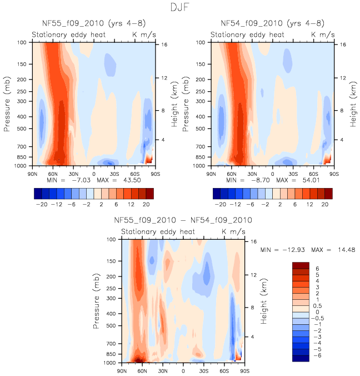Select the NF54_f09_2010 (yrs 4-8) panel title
[272, 23]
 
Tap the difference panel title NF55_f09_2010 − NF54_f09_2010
[183, 220]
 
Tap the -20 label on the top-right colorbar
[220, 205]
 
